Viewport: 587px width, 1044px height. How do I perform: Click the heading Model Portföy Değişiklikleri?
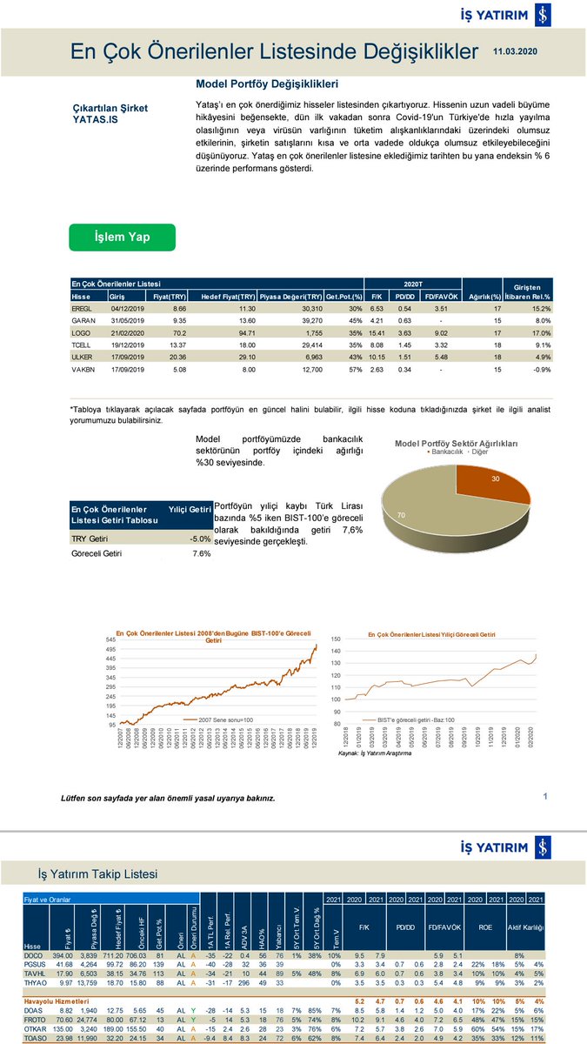[x=267, y=84]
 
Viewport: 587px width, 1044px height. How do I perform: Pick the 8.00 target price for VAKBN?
[x=249, y=370]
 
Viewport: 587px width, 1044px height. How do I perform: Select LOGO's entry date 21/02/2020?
[x=128, y=333]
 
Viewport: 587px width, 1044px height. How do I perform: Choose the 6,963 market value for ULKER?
[x=310, y=358]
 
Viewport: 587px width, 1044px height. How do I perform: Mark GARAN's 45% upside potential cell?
[x=355, y=321]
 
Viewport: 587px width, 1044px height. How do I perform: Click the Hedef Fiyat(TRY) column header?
[x=223, y=296]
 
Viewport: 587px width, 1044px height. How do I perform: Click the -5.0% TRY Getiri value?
[x=200, y=539]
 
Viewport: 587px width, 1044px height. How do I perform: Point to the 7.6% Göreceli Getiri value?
[x=201, y=554]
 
